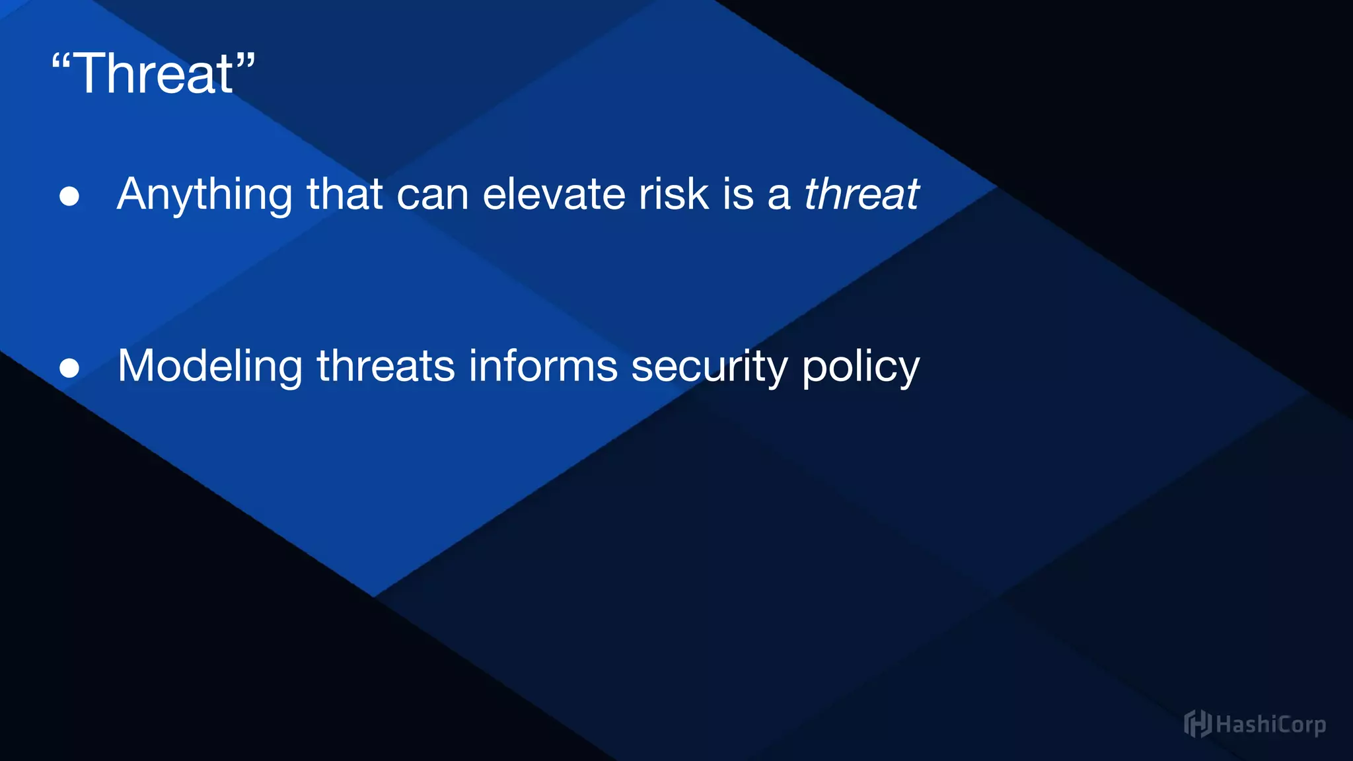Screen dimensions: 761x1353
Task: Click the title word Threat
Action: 153,74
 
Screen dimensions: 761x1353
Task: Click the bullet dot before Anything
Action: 69,196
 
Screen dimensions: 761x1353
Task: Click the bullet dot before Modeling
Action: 69,367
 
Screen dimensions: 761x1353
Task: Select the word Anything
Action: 204,196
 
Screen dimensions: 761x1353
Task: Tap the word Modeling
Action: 209,367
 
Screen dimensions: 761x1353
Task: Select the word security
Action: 710,367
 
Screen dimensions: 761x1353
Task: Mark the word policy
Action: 860,367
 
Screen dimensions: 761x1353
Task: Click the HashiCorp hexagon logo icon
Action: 1197,724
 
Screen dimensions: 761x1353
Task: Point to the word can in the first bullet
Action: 432,196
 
